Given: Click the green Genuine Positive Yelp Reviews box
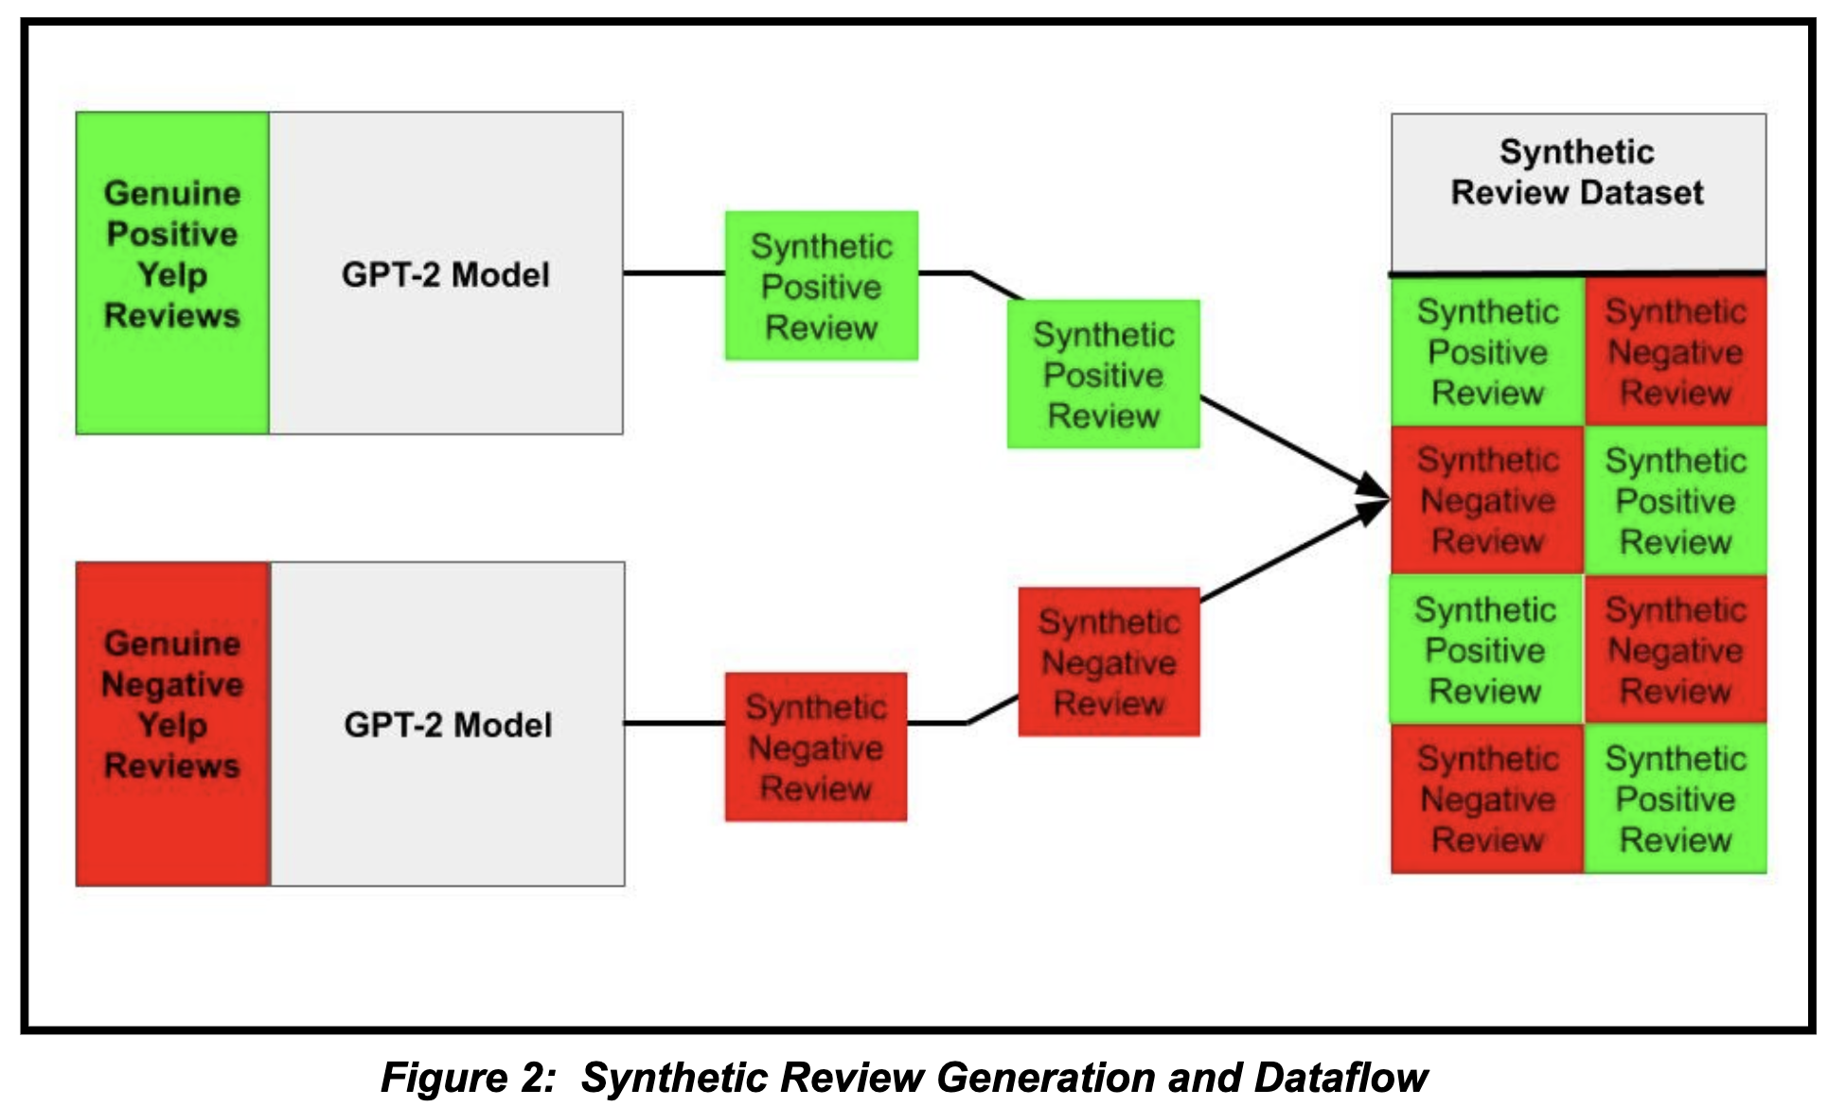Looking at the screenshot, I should tap(172, 272).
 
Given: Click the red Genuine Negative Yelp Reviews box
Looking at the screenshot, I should tap(172, 723).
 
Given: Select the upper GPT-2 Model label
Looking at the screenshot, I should tap(445, 274).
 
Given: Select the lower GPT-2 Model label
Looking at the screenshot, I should tap(447, 725).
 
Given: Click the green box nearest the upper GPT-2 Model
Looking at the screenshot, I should tap(821, 286).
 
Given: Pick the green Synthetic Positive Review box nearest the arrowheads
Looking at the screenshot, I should tap(1103, 375).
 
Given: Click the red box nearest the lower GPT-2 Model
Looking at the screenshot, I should tap(815, 747).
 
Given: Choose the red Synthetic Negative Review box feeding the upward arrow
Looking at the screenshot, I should tap(1109, 662).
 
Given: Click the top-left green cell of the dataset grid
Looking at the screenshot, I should tap(1486, 352).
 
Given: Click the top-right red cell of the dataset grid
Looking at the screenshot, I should tap(1675, 352).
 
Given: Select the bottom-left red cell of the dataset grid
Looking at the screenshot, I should tap(1486, 799).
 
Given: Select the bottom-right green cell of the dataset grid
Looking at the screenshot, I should tap(1675, 799).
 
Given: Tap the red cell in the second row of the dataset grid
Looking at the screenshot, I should tap(1486, 501).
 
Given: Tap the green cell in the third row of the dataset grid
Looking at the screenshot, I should tap(1484, 650).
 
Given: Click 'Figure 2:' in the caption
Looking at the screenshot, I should tap(468, 1078).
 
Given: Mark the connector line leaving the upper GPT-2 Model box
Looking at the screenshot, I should tap(673, 273).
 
